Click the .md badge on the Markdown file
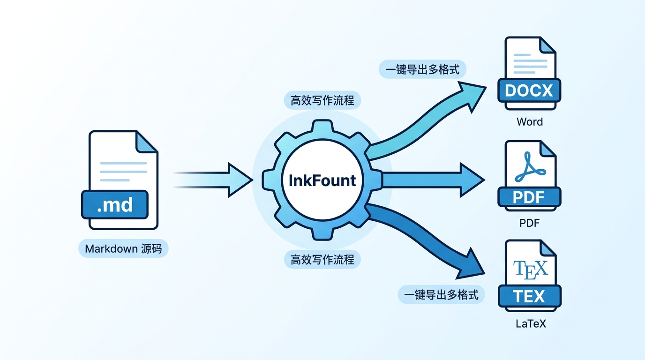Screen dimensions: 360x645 click(x=115, y=205)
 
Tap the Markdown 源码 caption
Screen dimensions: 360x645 click(x=123, y=248)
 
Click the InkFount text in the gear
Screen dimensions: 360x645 click(x=322, y=180)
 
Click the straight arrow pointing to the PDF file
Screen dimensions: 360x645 click(x=431, y=180)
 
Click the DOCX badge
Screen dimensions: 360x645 click(x=529, y=90)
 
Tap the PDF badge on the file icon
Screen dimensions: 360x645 click(x=529, y=197)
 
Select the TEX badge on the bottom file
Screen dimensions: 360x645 click(x=529, y=296)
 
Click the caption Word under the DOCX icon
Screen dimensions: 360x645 click(x=530, y=122)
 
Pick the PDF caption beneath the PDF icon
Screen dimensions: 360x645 click(x=530, y=223)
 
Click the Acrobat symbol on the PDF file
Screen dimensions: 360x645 click(x=530, y=169)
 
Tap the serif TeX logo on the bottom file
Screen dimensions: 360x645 click(x=530, y=269)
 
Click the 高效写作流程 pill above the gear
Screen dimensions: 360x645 click(x=322, y=101)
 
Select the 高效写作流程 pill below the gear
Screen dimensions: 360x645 click(x=322, y=259)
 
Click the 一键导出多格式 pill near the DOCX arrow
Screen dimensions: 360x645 click(x=423, y=70)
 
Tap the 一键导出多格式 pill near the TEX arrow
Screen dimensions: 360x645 click(x=441, y=295)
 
